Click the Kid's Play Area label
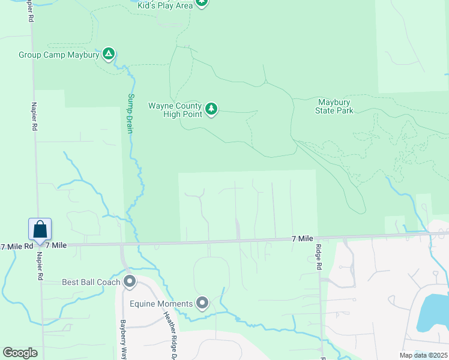(164, 5)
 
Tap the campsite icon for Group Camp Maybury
(108, 55)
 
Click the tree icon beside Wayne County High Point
(211, 109)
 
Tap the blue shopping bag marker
(40, 230)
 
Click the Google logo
(20, 353)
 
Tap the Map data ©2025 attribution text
(423, 355)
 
